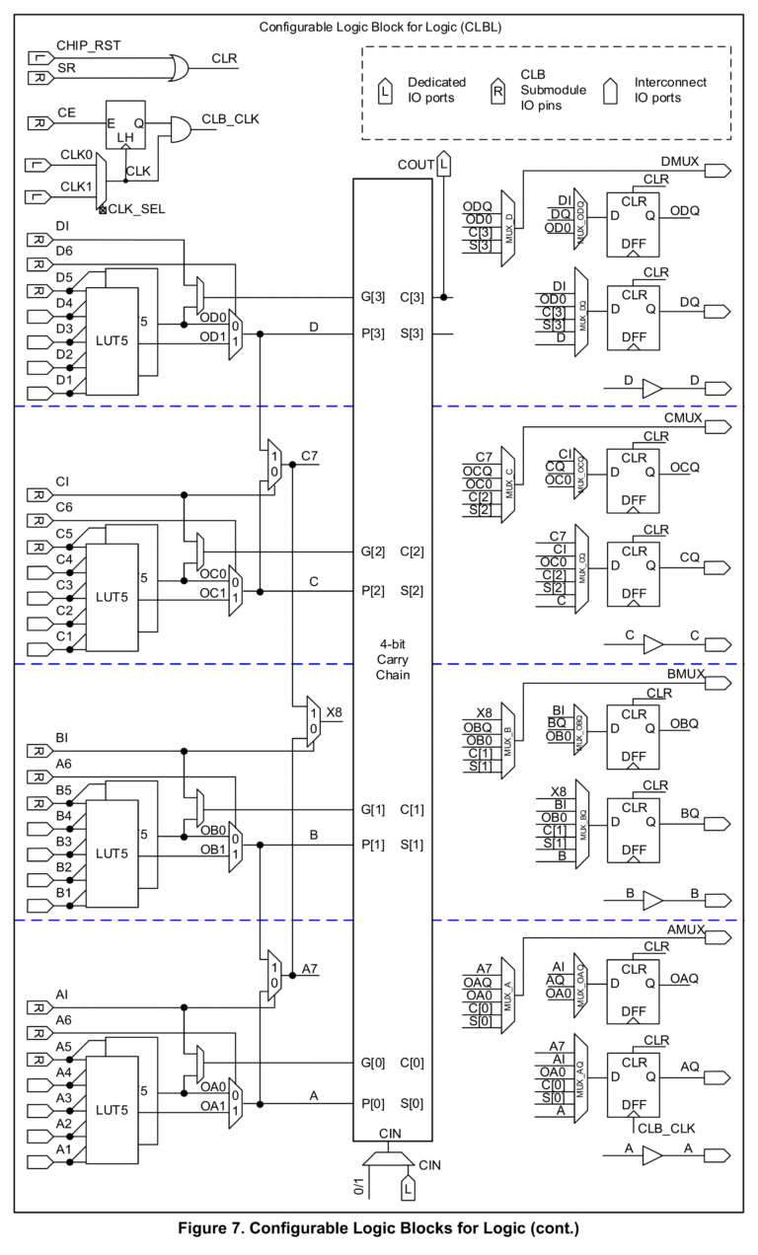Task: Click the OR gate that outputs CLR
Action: tap(181, 67)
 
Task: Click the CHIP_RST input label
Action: tap(90, 46)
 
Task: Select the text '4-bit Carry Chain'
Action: tap(392, 659)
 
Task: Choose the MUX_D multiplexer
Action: tap(508, 230)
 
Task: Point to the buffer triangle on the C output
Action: tap(652, 644)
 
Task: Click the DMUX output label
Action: tap(681, 160)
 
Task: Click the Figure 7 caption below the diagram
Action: tap(378, 1229)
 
